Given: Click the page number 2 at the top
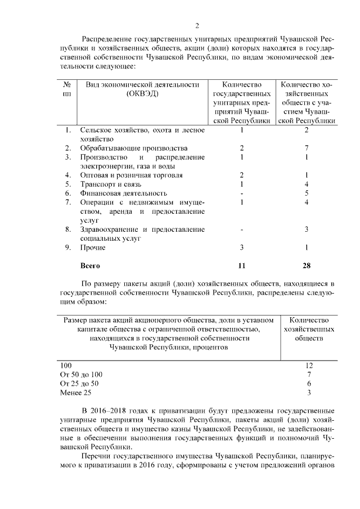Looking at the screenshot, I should [x=197, y=26].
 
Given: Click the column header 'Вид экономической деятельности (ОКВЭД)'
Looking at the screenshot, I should [x=143, y=89].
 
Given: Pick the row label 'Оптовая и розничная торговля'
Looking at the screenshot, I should [x=124, y=175].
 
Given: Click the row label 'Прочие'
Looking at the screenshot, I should [x=93, y=247].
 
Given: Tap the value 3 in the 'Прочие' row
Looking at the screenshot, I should [x=241, y=247].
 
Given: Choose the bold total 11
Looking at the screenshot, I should [x=241, y=265].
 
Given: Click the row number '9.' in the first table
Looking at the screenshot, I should [x=67, y=247].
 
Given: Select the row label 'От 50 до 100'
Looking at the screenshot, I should [x=82, y=374].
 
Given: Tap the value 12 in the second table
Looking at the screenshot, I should [x=309, y=365].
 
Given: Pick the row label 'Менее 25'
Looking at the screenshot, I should [x=75, y=392].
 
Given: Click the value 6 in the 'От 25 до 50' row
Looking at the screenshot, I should [x=309, y=383].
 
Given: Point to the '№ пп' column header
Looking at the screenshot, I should [x=67, y=89].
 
